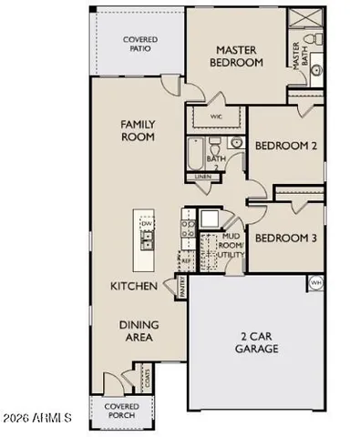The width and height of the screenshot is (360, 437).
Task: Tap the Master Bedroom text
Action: [x=240, y=56]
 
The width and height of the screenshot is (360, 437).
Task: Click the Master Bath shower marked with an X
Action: [x=302, y=16]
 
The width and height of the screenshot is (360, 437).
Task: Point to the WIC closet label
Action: [x=217, y=117]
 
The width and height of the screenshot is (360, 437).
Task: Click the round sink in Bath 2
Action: [x=235, y=144]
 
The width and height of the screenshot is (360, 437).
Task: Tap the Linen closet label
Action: [x=202, y=177]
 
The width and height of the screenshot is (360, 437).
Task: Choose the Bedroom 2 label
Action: [x=286, y=146]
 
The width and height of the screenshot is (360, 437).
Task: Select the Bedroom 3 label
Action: [x=285, y=239]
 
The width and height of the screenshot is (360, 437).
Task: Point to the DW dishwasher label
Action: [x=145, y=222]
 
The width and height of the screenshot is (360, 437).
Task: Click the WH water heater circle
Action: [x=316, y=282]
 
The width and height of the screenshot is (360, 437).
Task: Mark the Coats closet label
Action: [x=144, y=376]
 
